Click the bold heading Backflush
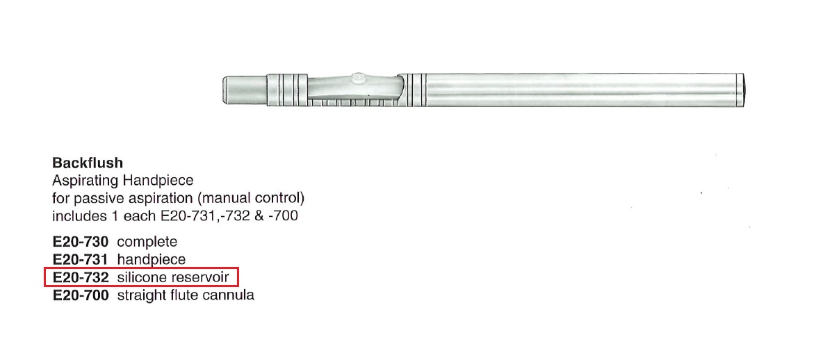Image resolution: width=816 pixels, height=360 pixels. (x=88, y=163)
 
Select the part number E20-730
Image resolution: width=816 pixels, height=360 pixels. (x=81, y=242)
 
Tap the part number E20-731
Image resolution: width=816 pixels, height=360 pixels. (x=81, y=259)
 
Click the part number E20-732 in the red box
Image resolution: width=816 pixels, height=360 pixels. (x=81, y=277)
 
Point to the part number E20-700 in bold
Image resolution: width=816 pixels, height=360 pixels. (x=81, y=296)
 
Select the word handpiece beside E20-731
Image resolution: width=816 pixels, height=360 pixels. (x=152, y=260)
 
